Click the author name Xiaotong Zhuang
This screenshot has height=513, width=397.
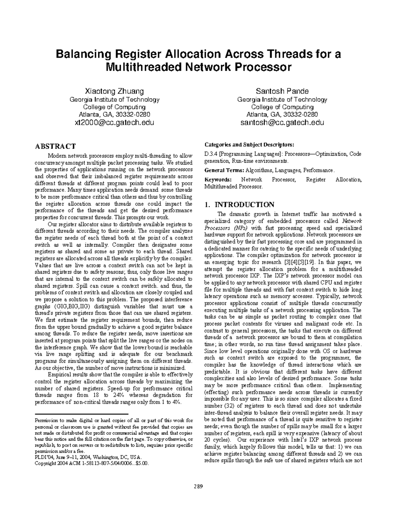pyautogui.click(x=114, y=91)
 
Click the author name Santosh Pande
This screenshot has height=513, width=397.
pyautogui.click(x=282, y=91)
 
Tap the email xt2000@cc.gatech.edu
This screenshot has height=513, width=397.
pyautogui.click(x=114, y=123)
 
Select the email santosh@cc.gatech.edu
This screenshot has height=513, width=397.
pyautogui.click(x=282, y=123)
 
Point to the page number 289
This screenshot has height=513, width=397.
pyautogui.click(x=198, y=486)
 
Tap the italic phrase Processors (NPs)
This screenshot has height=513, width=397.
pyautogui.click(x=219, y=228)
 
